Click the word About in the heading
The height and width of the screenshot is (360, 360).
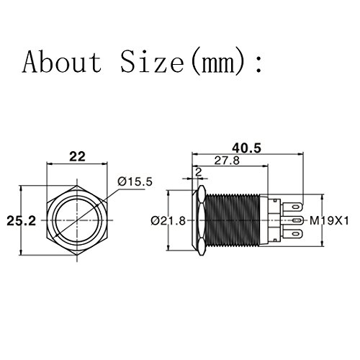[x=63, y=61]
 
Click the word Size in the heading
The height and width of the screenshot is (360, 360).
[x=153, y=61]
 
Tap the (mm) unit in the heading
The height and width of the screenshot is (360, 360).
[x=219, y=61]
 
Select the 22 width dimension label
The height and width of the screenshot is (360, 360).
[x=77, y=157]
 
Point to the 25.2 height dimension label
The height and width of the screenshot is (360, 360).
[x=22, y=220]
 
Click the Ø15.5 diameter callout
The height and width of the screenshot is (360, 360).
[x=135, y=181]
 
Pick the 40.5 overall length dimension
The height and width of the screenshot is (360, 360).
[x=246, y=148]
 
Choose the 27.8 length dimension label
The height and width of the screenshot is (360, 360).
[x=227, y=161]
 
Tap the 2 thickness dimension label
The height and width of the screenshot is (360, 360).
[x=199, y=172]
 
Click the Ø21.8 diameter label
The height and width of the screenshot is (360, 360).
[x=168, y=220]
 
